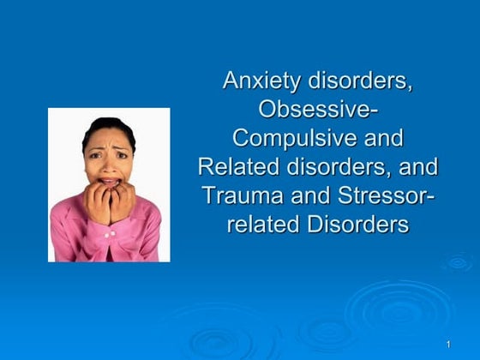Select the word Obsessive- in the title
click(317, 111)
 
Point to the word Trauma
click(242, 195)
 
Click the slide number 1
click(448, 345)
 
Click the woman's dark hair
click(107, 129)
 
